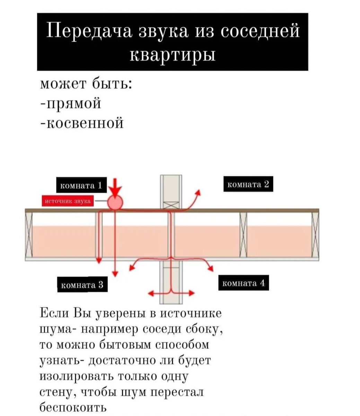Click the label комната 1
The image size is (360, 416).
[81, 185]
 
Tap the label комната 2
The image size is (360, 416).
[248, 184]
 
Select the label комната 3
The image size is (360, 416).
[82, 285]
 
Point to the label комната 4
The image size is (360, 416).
[243, 283]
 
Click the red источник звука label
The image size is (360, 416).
[67, 201]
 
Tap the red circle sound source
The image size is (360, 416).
[115, 202]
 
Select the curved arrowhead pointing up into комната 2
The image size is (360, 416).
[199, 193]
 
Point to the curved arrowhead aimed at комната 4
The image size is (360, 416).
[210, 268]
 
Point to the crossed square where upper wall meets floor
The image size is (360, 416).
[171, 205]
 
